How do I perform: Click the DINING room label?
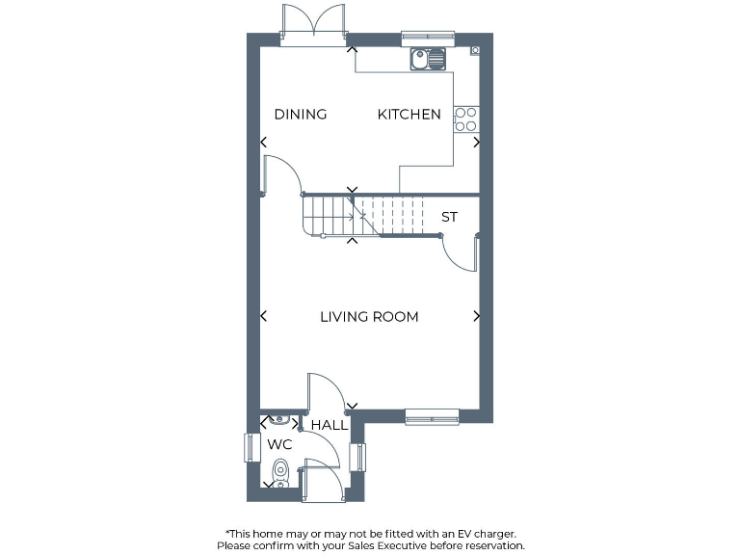pyautogui.click(x=301, y=115)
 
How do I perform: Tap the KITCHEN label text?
pyautogui.click(x=409, y=115)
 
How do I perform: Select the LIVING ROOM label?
pyautogui.click(x=369, y=317)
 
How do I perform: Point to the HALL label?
pyautogui.click(x=330, y=425)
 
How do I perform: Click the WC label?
pyautogui.click(x=279, y=445)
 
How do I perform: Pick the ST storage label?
pyautogui.click(x=449, y=218)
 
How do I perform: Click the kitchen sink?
pyautogui.click(x=427, y=60)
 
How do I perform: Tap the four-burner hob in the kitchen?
pyautogui.click(x=465, y=119)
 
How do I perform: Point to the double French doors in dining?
pyautogui.click(x=313, y=24)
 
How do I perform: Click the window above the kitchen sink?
pyautogui.click(x=427, y=39)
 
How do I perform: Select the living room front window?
pyautogui.click(x=432, y=416)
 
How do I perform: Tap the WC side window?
pyautogui.click(x=251, y=448)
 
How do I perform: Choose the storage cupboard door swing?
pyautogui.click(x=462, y=255)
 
